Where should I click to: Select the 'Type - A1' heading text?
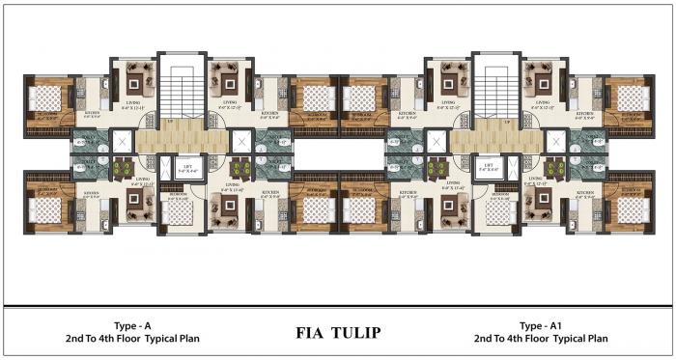coord(540,325)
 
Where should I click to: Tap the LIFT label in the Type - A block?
coord(188,166)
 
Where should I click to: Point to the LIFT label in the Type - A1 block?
coord(489,166)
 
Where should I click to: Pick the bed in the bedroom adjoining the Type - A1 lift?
coord(500,211)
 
